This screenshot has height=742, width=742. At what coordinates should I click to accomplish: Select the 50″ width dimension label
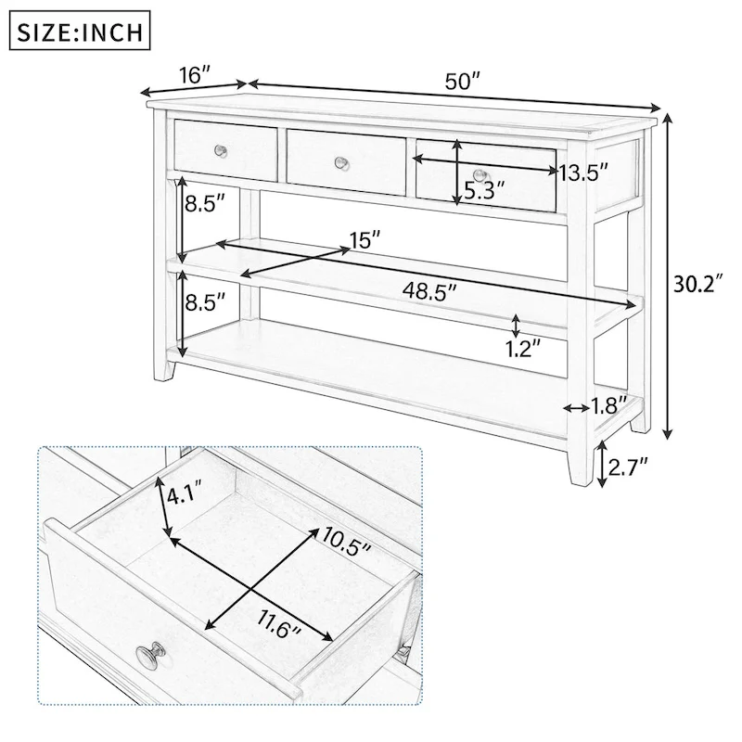coord(461,81)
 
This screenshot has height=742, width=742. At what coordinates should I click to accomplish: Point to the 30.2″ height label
coord(698,284)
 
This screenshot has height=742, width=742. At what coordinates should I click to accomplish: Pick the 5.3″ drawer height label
coord(484,192)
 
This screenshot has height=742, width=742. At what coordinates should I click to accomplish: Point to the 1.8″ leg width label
coord(609,404)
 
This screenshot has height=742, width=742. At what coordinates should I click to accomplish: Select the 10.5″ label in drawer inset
coord(346,541)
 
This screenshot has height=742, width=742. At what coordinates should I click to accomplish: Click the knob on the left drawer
coord(221,150)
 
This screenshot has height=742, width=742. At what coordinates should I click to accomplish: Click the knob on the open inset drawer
coord(150,658)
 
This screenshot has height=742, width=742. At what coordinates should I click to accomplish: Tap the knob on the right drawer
coord(479,175)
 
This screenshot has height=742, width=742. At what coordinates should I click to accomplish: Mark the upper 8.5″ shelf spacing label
coord(205,204)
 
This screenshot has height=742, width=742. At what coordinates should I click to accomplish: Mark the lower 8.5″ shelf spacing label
coord(205,301)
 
